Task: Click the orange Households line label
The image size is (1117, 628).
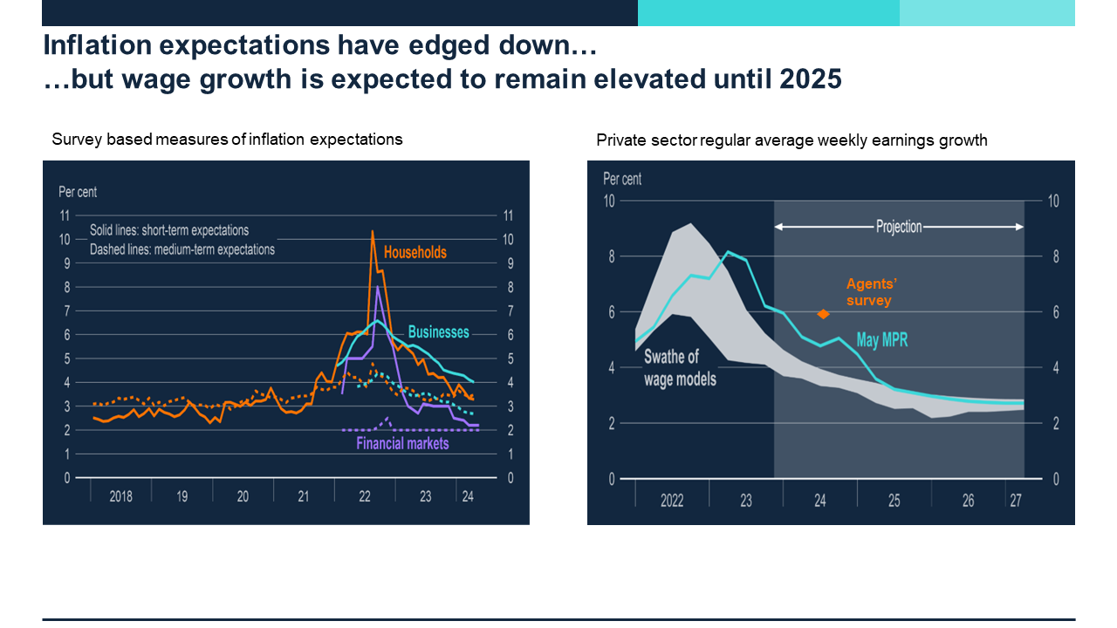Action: [415, 253]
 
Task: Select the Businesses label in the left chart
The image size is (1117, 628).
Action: [438, 332]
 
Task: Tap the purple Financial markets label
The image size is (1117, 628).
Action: [402, 443]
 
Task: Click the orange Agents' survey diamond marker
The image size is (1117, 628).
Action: [822, 314]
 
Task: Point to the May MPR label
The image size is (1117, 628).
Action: [881, 340]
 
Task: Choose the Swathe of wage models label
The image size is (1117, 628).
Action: [680, 368]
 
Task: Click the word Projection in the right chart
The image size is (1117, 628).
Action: [899, 227]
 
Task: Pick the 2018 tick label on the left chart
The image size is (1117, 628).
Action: [120, 496]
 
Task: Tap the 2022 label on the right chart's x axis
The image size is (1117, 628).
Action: [672, 502]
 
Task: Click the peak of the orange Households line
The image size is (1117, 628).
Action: [373, 231]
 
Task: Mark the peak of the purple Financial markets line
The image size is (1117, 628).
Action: [377, 286]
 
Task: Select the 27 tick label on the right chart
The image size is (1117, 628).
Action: [1016, 502]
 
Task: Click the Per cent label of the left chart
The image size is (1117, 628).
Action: [78, 192]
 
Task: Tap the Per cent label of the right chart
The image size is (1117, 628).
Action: [622, 179]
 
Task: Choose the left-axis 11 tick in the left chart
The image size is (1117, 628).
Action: [65, 215]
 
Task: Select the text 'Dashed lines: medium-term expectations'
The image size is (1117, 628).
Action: [182, 249]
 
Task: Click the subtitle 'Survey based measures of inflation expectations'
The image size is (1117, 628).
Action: [227, 139]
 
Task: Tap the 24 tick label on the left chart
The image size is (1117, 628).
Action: [467, 496]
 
